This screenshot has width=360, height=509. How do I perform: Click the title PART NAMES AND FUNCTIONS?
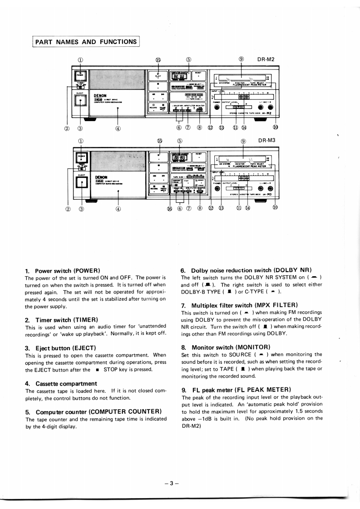[86, 42]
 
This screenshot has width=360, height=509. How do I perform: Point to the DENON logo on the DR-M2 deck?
[100, 96]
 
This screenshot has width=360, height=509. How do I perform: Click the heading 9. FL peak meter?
[235, 390]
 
